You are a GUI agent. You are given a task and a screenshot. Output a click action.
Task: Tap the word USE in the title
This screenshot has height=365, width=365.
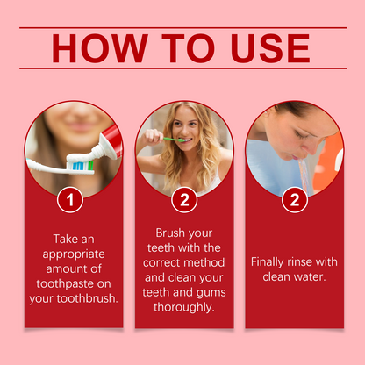270,48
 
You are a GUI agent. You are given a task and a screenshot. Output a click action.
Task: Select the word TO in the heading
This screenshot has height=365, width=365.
189,48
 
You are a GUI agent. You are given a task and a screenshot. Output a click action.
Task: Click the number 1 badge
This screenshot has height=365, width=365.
70,200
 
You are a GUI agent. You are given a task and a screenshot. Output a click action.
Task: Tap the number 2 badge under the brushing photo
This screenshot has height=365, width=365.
184,200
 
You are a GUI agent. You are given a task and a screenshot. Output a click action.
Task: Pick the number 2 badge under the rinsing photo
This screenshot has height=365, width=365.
295,200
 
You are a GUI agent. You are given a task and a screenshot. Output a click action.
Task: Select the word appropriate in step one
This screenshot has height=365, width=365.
74,254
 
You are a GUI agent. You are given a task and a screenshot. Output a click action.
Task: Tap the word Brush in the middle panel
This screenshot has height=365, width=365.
170,233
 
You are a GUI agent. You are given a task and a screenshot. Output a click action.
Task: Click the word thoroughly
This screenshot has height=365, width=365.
184,307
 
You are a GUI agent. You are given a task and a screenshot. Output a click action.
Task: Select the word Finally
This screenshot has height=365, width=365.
267,262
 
